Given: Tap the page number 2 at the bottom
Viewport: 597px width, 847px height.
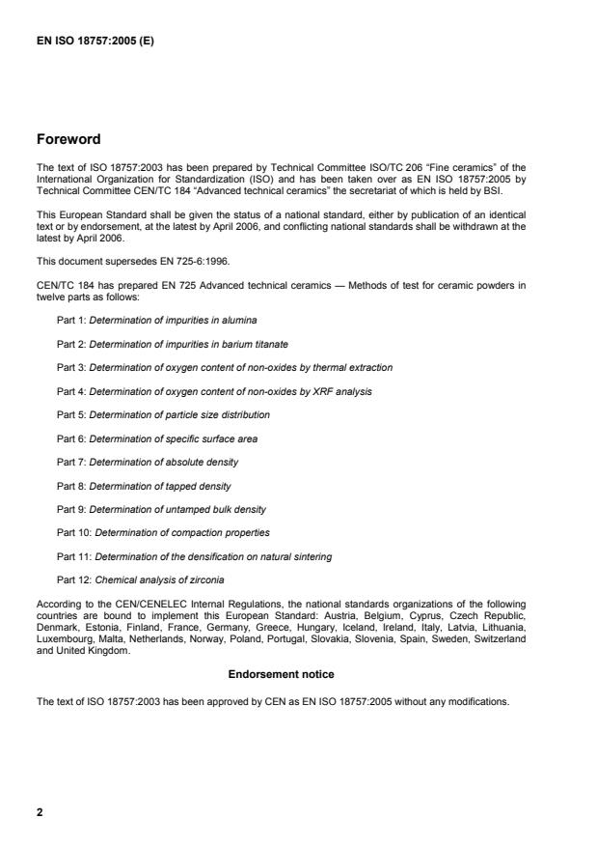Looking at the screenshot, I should pyautogui.click(x=40, y=812).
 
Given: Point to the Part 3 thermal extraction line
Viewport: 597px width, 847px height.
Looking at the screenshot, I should pyautogui.click(x=225, y=367).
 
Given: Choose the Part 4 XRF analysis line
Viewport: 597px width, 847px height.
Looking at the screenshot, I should pyautogui.click(x=214, y=391).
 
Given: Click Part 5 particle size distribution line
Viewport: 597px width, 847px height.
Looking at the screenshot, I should pyautogui.click(x=163, y=414).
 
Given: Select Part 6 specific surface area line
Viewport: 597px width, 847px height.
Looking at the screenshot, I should pyautogui.click(x=157, y=438).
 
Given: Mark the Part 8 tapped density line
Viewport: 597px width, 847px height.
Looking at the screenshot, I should pyautogui.click(x=144, y=486).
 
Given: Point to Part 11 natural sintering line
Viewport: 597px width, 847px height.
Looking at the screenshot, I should pyautogui.click(x=201, y=556).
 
